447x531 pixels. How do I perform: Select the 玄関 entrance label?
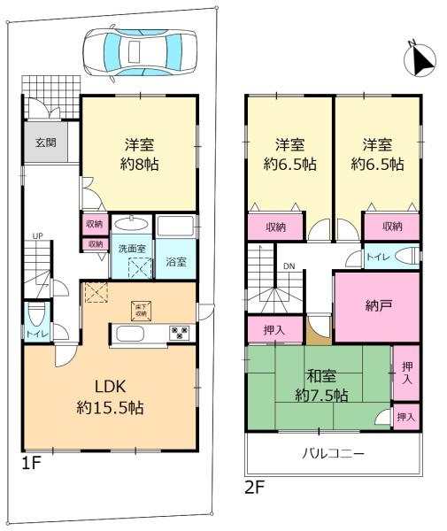(x=46, y=142)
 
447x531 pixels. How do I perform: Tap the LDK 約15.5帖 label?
(x=108, y=397)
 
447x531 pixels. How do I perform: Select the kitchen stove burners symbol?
(x=180, y=334)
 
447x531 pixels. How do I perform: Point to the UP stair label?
(x=36, y=236)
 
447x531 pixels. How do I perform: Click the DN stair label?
(x=289, y=265)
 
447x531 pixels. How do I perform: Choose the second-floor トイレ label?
(x=378, y=257)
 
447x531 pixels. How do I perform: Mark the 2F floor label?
(x=255, y=486)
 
